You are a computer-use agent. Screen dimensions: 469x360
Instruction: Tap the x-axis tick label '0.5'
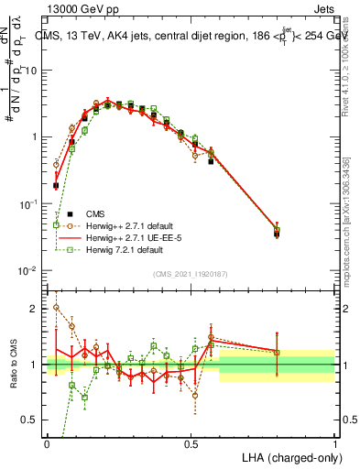[191, 443]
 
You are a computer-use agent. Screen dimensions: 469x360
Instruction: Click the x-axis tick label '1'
[334, 443]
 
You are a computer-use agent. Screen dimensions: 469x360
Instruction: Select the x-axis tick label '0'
[47, 443]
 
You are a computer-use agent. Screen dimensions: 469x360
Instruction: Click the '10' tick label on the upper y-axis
[29, 70]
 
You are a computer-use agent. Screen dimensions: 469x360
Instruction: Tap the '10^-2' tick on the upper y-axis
[27, 270]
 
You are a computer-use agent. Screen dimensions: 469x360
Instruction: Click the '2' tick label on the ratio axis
[35, 309]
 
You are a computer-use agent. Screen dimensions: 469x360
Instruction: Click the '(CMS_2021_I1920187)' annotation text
[191, 274]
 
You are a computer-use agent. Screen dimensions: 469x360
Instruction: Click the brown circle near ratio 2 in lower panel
[56, 308]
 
